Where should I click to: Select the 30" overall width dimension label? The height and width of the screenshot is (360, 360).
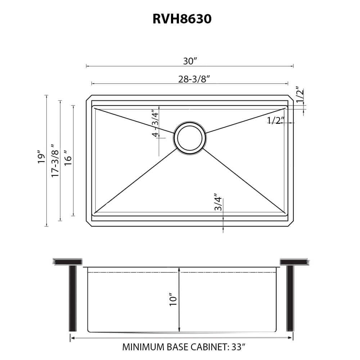190,61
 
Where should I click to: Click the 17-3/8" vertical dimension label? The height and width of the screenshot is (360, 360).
54,161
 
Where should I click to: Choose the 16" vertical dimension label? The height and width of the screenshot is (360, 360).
68,157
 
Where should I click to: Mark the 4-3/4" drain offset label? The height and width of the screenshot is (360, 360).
155,123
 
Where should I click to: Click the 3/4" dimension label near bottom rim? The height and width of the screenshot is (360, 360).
218,204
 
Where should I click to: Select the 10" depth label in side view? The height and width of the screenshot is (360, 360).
173,300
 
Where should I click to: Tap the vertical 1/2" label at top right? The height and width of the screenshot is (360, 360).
300,95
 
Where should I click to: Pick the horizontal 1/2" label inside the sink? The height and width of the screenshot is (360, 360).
276,121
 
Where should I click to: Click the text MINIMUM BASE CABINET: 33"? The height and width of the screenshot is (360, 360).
184,347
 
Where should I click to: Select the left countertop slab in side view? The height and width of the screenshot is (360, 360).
68,262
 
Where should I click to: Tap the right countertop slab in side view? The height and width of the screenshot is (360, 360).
294,262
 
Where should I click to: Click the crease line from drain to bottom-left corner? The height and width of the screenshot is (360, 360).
137,180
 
